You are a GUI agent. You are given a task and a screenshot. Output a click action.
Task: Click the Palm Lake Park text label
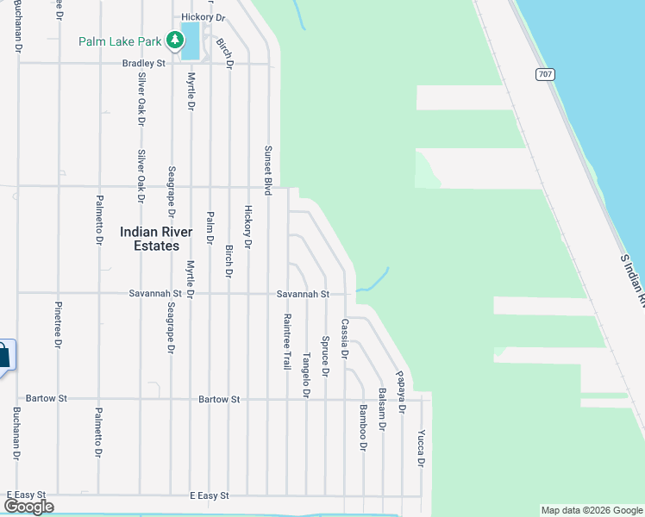[x=122, y=41]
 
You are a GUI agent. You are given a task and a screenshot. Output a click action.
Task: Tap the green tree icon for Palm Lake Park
[x=175, y=40]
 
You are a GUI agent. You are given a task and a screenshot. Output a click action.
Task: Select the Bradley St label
[x=143, y=63]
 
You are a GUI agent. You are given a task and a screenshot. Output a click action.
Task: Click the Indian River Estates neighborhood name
[x=150, y=239]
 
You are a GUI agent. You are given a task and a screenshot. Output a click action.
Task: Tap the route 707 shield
[x=543, y=74]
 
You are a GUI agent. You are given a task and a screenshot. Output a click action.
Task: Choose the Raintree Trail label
[x=287, y=341]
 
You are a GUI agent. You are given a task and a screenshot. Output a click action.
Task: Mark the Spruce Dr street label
[x=325, y=356]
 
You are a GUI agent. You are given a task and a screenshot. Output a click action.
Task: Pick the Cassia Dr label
[x=344, y=339]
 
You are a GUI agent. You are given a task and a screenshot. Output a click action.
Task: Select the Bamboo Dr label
[x=363, y=427]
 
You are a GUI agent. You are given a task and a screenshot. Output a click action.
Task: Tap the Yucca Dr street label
[x=421, y=447]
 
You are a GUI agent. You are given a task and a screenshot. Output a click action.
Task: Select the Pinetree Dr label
[x=59, y=325]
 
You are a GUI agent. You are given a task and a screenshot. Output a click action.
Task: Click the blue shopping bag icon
[x=3, y=354]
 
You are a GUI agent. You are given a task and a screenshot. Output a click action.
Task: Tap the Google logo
[x=29, y=507]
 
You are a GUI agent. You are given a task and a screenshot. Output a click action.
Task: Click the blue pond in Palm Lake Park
[x=190, y=40]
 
